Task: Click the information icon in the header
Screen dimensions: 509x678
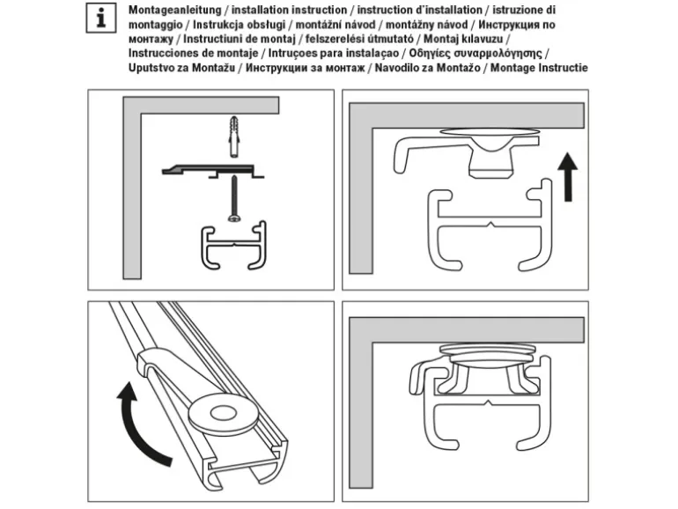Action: [x=102, y=18]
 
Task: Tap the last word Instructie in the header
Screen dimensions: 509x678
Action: [x=561, y=68]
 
